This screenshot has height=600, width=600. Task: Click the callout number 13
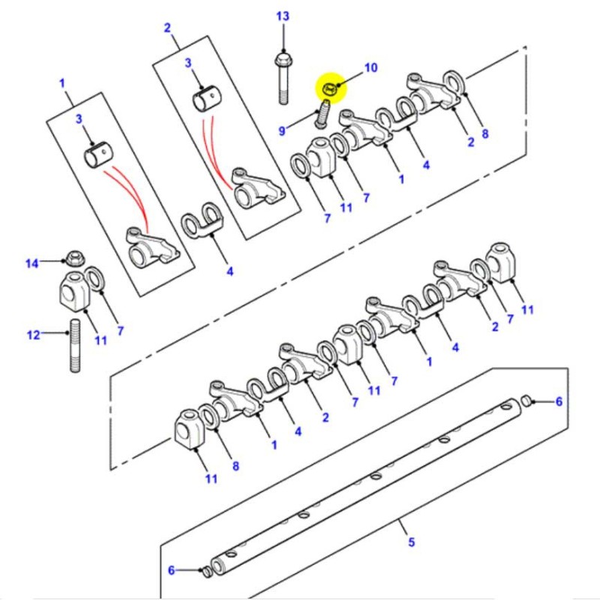click(x=282, y=16)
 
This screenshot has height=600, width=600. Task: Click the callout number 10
click(x=370, y=68)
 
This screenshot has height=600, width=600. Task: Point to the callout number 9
click(x=283, y=130)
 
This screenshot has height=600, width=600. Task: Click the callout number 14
click(x=31, y=262)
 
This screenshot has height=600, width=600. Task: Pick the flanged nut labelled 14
click(x=74, y=259)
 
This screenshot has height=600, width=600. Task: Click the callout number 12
click(x=33, y=334)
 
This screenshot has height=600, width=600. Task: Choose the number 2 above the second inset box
click(x=168, y=28)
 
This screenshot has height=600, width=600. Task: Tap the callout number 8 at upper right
click(x=484, y=134)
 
